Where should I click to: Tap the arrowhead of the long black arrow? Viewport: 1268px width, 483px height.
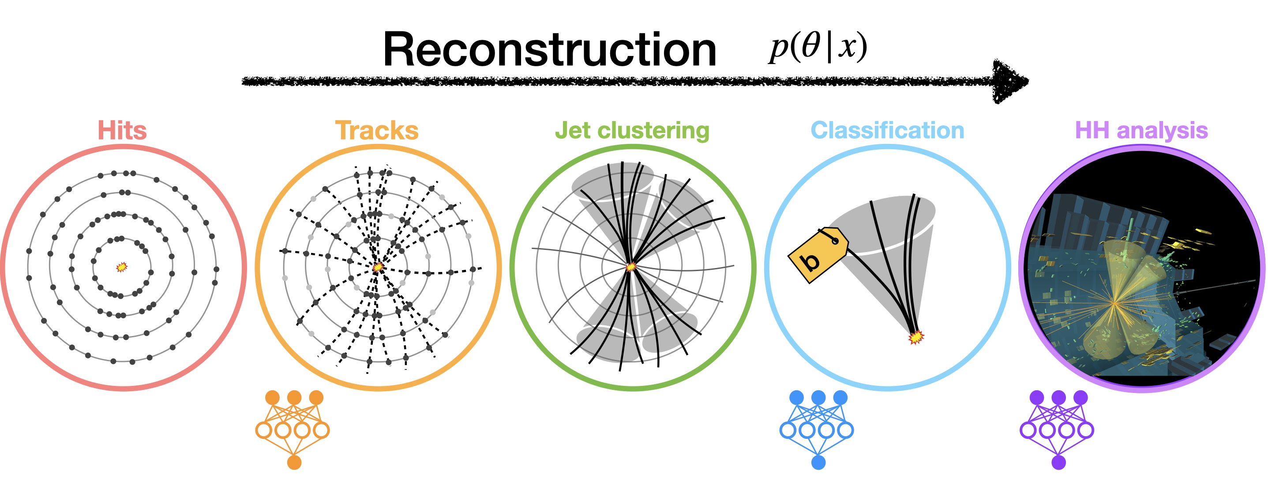[x=1009, y=81]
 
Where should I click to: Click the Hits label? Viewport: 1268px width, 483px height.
[x=122, y=131]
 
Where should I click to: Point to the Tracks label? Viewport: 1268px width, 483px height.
[x=376, y=131]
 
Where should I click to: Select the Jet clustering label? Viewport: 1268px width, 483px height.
[x=632, y=131]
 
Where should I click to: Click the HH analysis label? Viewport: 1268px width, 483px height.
[x=1141, y=131]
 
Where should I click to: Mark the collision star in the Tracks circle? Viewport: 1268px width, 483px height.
[x=378, y=267]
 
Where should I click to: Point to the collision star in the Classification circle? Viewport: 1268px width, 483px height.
[x=915, y=337]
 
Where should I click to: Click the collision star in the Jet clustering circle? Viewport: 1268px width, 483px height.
[x=631, y=267]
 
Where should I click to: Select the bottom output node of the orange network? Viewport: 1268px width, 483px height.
[x=294, y=462]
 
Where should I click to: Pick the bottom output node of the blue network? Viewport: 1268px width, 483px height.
[x=818, y=462]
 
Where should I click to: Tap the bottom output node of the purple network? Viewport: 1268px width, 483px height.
[x=1058, y=462]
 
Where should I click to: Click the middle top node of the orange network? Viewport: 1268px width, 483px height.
[x=294, y=397]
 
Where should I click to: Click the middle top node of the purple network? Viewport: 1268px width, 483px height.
[x=1058, y=397]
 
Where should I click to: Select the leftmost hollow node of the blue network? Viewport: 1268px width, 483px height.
[x=788, y=430]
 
